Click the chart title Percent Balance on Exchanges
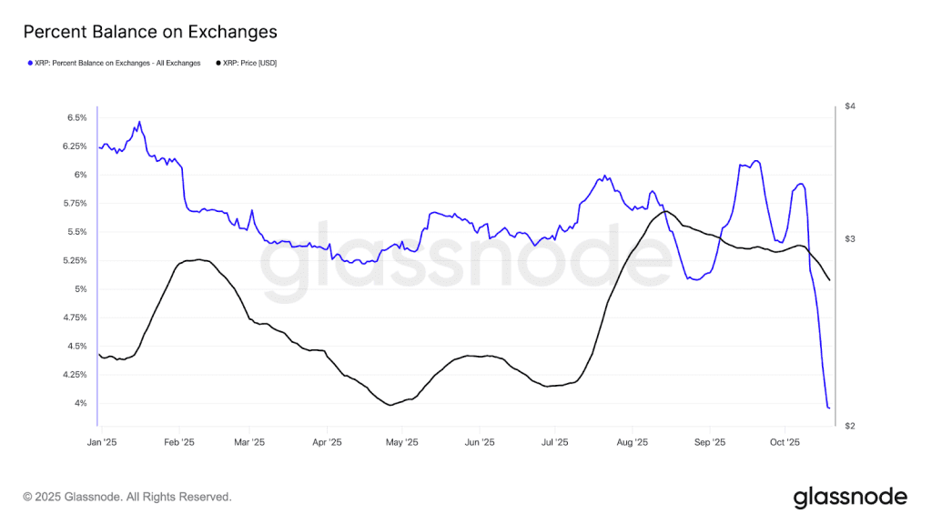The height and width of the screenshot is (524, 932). [150, 32]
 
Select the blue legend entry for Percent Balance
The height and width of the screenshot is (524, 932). [114, 64]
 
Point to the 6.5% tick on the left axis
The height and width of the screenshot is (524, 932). [76, 117]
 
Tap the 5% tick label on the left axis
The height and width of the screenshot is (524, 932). [81, 289]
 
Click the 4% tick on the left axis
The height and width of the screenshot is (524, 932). [81, 403]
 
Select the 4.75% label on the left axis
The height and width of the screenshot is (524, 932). [76, 317]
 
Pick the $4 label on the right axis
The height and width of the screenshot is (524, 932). [850, 106]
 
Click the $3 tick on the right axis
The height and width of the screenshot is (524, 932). [850, 239]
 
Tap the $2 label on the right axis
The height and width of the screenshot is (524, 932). [850, 426]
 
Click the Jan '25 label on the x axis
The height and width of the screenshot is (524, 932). [102, 442]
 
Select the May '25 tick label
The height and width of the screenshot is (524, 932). [402, 442]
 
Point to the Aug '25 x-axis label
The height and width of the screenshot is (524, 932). [632, 442]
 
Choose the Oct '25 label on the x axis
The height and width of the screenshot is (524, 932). [785, 442]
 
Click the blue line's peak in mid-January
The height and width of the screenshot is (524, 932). [139, 121]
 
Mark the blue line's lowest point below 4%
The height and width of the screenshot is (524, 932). [828, 408]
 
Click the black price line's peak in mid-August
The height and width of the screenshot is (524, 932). [666, 211]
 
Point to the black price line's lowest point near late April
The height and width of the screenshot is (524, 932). [390, 405]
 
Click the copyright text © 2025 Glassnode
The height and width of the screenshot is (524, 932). [127, 497]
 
